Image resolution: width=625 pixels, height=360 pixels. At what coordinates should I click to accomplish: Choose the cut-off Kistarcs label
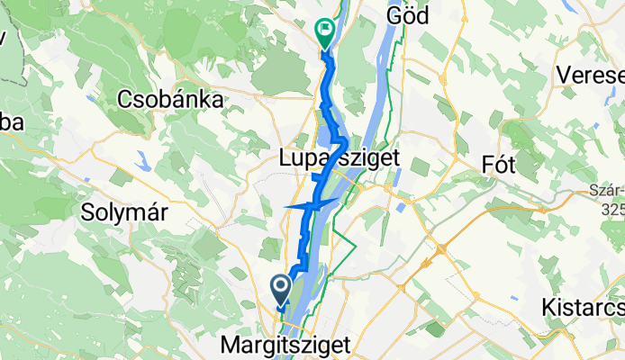pyautogui.click(x=583, y=307)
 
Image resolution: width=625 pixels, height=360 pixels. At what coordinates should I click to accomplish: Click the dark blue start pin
pyautogui.click(x=280, y=290)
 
